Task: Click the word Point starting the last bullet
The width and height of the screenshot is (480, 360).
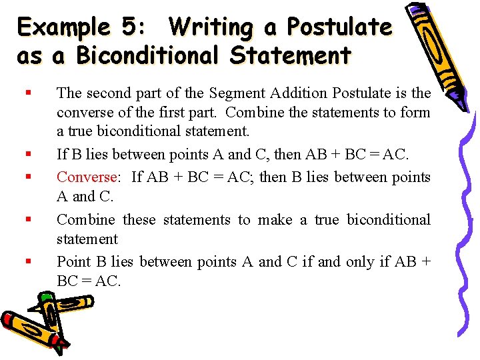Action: click(72, 262)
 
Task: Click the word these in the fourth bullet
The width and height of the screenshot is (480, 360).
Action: click(140, 220)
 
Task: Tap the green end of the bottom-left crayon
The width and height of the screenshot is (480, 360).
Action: click(47, 296)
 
